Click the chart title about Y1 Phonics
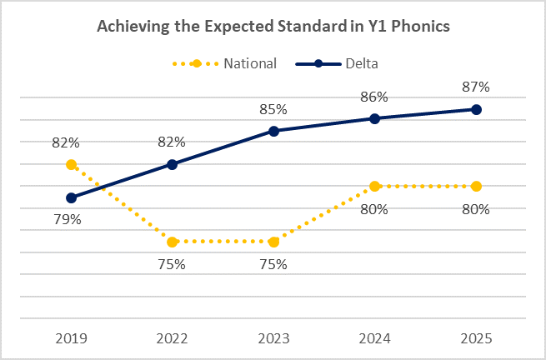273,27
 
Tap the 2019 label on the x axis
71,338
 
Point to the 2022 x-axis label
172,338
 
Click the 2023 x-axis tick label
273,338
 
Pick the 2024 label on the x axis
374,338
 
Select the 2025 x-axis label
476,338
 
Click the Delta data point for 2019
71,197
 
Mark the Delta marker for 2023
273,131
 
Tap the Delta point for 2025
476,109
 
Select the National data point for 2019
71,164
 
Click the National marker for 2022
172,242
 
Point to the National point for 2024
374,186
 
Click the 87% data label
476,87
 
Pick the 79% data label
68,220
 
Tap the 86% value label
374,97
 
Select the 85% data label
273,108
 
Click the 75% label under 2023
273,264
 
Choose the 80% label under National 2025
476,209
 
